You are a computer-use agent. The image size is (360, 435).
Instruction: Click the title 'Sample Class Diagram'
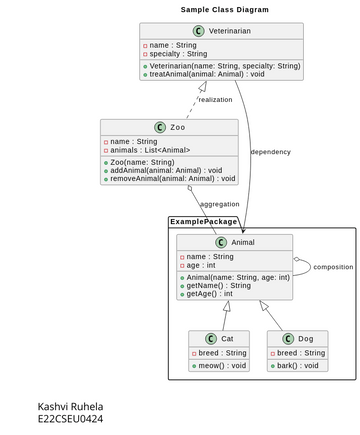tap(224, 9)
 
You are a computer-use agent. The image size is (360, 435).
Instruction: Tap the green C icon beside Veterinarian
tap(198, 31)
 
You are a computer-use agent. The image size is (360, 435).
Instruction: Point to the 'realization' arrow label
tap(215, 99)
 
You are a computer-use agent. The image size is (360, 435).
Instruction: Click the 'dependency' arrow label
tap(270, 152)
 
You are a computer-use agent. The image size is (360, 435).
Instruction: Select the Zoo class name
tap(177, 128)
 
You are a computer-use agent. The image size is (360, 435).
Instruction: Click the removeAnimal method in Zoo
tap(173, 179)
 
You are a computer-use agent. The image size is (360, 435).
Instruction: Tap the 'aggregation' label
tap(219, 204)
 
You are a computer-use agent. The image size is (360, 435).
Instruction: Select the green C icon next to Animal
tap(220, 242)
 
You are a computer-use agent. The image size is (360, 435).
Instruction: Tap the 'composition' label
tap(333, 267)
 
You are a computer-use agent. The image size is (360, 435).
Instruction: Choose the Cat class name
tap(227, 339)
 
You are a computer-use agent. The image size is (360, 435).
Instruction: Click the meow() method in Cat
tap(221, 366)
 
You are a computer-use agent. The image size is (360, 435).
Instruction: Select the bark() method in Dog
tap(299, 366)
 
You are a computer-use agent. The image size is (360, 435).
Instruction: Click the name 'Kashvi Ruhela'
tap(70, 406)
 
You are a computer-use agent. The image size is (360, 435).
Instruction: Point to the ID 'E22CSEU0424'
tap(70, 419)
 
